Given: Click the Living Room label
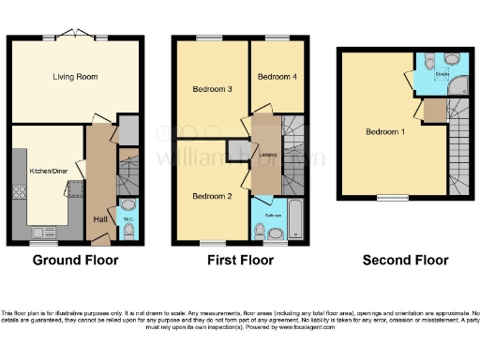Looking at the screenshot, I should coord(75,76).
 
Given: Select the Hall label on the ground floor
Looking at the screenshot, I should coord(99,218).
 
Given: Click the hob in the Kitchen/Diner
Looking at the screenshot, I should coord(18,192).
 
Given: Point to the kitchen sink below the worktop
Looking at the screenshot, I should coord(43,232).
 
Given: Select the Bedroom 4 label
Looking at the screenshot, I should coord(277,76).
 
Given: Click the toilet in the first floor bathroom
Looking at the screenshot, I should coord(259,229).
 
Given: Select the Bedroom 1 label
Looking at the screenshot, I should coord(384,131).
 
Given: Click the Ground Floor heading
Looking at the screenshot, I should coord(75,260).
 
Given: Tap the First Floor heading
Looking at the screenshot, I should coord(240,260).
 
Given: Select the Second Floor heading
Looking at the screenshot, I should coord(405,260).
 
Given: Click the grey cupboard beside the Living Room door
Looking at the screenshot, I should coord(129,128).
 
